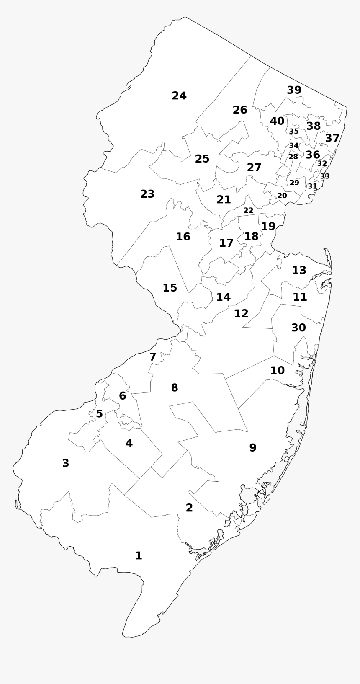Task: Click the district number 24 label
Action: (x=179, y=96)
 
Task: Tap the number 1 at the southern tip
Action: (x=139, y=556)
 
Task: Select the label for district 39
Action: (x=294, y=90)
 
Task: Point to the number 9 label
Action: (x=253, y=448)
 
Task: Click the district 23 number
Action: (x=147, y=194)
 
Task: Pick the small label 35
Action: (x=294, y=132)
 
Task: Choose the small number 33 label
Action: (x=325, y=176)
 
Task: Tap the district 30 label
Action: (x=298, y=328)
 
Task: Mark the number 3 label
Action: (x=66, y=463)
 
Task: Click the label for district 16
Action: (x=183, y=237)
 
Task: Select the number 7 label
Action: (x=153, y=357)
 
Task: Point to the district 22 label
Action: (x=248, y=210)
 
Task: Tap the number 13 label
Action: (x=299, y=271)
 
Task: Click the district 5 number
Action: (x=99, y=414)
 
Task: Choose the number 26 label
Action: (x=240, y=110)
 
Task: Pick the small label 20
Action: (x=282, y=196)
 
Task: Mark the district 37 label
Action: (x=332, y=138)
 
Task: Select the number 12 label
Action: (x=241, y=314)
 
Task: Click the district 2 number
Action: (x=189, y=508)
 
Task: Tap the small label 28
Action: (x=293, y=157)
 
